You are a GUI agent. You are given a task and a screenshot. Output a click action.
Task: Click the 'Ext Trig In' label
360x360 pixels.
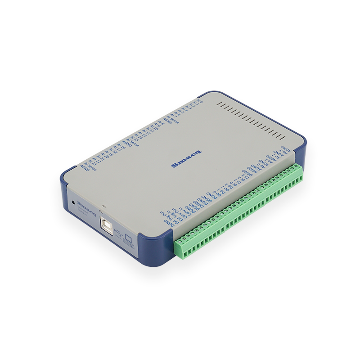(177, 216)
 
